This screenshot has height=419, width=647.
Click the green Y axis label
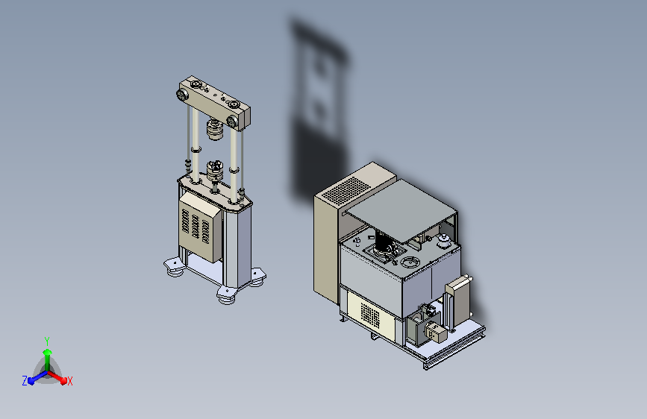(47, 341)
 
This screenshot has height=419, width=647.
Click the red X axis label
(70, 382)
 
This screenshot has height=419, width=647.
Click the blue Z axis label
(25, 381)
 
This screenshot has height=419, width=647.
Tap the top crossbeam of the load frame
(215, 102)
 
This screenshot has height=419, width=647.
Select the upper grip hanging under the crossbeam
(215, 129)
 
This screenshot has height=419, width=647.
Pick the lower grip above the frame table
(215, 171)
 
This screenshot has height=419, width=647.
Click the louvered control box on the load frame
(201, 227)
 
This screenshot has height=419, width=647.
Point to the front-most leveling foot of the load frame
(227, 296)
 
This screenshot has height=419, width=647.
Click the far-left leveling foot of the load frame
(174, 267)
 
